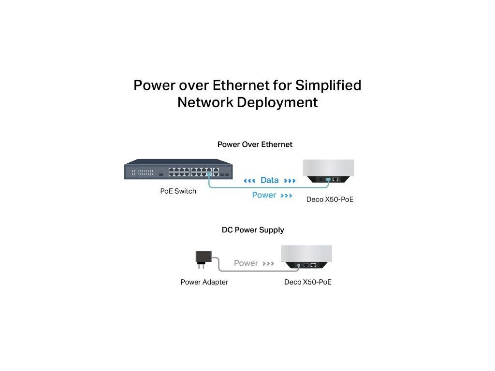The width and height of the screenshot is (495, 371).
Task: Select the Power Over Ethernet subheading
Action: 255,144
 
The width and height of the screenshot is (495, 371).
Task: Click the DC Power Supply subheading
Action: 253,230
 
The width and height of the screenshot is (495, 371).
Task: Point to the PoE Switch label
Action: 178,191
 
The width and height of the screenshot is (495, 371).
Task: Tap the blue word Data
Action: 269,180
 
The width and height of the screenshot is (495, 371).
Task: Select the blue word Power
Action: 264,195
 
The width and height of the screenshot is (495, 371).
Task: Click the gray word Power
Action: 246,263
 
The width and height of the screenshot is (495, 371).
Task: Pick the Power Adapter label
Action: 204,282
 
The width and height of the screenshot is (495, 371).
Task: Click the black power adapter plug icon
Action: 201,257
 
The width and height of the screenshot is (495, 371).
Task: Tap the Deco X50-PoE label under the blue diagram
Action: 330,199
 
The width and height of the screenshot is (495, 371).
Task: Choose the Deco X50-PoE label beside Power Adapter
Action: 308,282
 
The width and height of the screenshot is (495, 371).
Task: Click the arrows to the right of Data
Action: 290,181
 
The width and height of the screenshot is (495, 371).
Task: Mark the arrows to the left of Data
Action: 249,181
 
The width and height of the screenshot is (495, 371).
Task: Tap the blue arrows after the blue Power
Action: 286,196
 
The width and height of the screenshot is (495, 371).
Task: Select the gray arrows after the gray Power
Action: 268,264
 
